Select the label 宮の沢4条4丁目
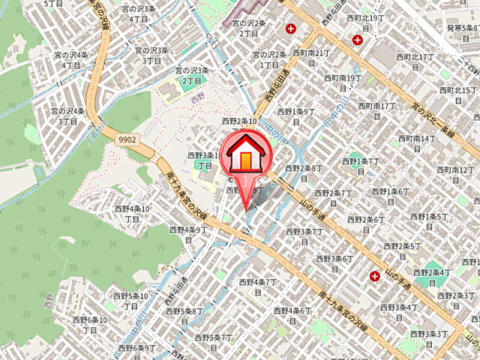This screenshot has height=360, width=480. click(71, 60)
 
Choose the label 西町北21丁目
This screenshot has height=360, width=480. click(311, 53)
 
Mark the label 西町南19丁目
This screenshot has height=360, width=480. click(343, 78)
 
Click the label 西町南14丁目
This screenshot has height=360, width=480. click(416, 139)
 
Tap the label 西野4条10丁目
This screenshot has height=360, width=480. click(132, 213)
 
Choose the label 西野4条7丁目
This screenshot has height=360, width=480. click(258, 283)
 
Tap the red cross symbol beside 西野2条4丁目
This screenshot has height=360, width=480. click(374, 277)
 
